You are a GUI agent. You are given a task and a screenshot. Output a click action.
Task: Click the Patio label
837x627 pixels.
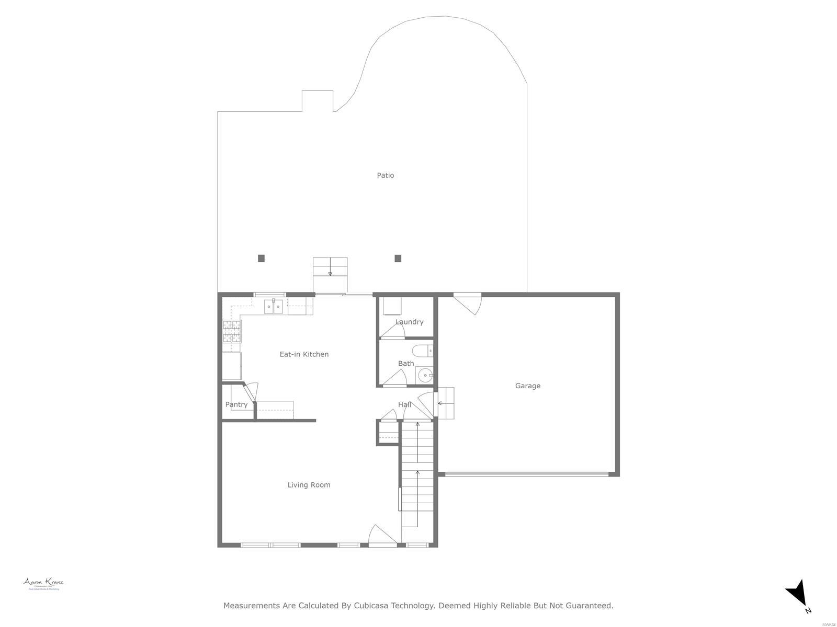point(386,176)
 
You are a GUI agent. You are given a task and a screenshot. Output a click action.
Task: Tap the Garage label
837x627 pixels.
point(528,386)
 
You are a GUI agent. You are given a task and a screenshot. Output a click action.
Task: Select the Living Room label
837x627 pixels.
point(309,485)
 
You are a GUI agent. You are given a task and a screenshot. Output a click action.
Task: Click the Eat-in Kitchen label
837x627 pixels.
point(304,354)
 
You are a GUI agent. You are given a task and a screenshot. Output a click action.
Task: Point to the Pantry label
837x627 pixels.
point(236,404)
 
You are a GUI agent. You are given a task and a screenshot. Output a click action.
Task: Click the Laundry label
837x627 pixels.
point(409,322)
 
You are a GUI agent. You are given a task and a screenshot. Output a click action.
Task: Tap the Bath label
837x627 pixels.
point(406,364)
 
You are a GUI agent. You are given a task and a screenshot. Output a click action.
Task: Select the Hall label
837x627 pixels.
point(404,404)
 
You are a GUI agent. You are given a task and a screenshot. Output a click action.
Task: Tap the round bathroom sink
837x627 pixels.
point(426,375)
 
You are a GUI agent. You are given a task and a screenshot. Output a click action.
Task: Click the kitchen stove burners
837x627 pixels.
point(232,332)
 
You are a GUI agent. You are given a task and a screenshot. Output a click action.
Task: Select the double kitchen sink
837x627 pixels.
point(273,306)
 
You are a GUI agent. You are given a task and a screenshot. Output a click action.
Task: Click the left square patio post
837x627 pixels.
point(262,258)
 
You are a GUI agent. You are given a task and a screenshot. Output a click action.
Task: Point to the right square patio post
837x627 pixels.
point(398,258)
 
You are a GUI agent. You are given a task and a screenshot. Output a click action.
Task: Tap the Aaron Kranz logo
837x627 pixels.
point(43,584)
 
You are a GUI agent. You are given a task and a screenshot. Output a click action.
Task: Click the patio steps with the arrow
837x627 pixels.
point(330,268)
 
